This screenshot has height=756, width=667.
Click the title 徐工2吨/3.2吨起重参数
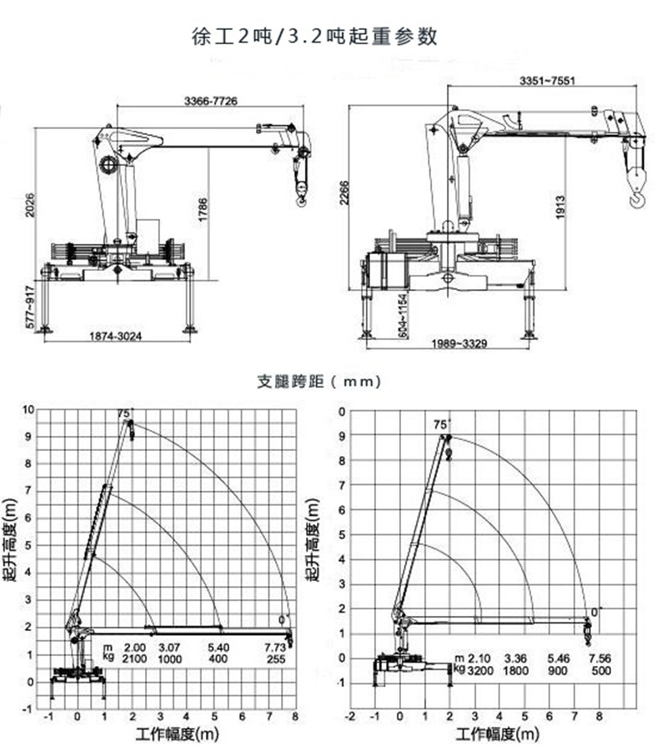tap(314, 36)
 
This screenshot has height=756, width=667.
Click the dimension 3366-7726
tap(210, 101)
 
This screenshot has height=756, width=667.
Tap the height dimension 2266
tap(343, 194)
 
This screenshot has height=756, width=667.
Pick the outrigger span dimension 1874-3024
tap(117, 338)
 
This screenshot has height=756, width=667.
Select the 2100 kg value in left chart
tap(135, 659)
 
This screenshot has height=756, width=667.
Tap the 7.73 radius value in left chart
tap(275, 648)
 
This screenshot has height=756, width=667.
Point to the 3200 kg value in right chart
tap(479, 670)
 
